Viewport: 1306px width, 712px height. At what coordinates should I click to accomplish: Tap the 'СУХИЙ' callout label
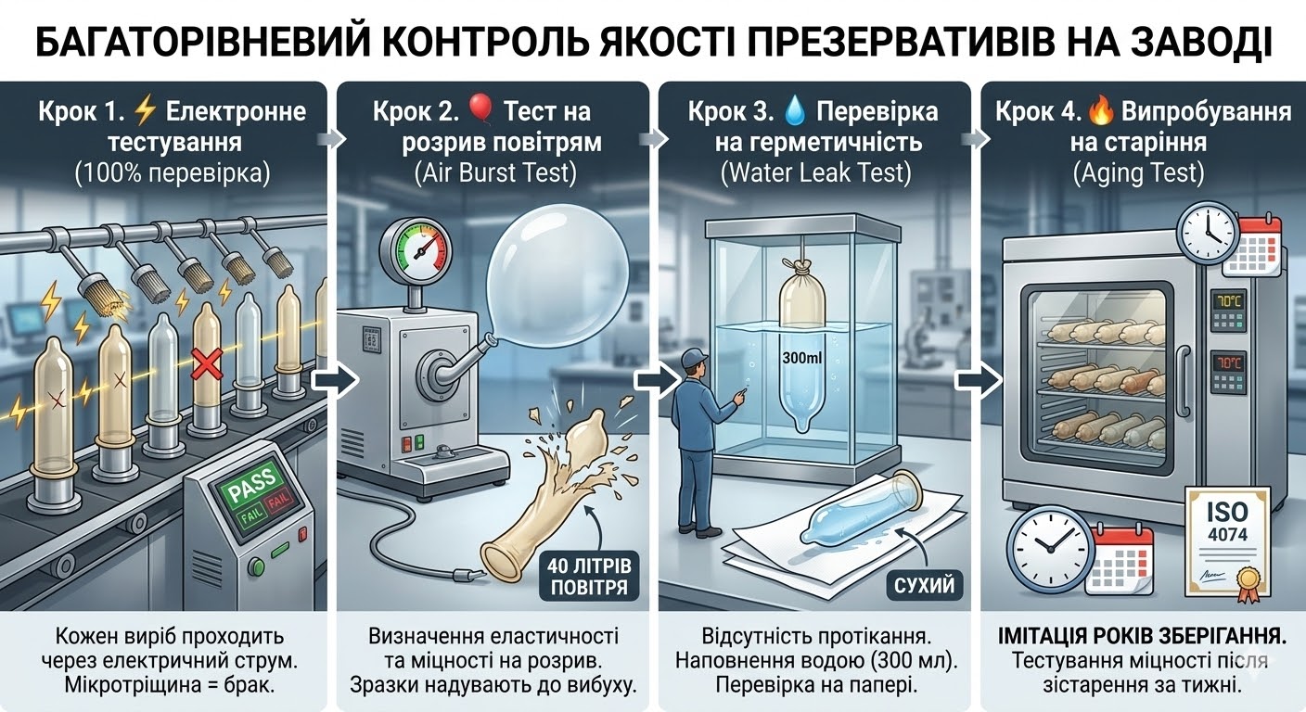[x=922, y=585]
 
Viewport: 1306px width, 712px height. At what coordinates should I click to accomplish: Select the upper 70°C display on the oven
[x=1228, y=302]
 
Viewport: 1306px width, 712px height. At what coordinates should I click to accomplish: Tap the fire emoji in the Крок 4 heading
[x=1102, y=113]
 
